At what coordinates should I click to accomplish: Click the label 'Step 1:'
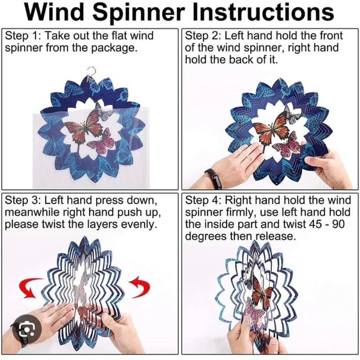tap(23, 36)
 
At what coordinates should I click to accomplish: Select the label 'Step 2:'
tap(203, 36)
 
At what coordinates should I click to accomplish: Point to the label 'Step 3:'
tap(23, 200)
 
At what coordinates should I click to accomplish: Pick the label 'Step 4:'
tap(203, 200)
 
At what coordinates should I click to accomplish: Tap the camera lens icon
tap(27, 330)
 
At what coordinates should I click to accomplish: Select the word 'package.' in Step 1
tap(114, 48)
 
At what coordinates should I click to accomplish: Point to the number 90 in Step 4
tap(338, 224)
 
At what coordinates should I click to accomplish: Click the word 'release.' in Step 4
tap(276, 236)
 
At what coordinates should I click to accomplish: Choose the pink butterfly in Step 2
tap(287, 145)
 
